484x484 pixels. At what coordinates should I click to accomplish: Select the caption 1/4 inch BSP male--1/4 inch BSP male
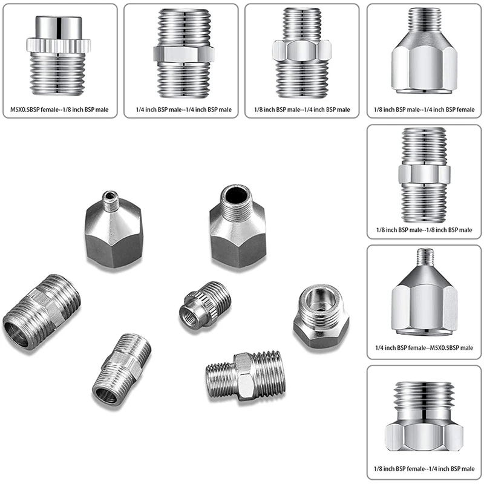pos(180,109)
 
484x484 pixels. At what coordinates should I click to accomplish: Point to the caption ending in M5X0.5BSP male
pos(423,349)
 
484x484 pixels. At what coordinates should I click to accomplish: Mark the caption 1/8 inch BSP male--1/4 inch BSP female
pos(423,109)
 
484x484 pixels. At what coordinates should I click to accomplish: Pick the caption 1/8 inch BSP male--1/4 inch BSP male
pos(301,109)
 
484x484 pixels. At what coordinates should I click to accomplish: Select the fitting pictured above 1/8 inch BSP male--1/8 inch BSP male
pos(423,175)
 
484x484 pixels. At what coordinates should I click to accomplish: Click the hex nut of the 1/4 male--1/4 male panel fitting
pos(180,53)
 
